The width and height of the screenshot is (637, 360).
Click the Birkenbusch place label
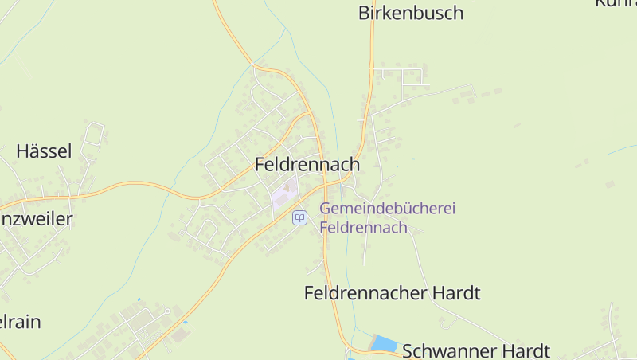pyautogui.click(x=410, y=13)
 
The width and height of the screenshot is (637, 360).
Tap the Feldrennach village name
pyautogui.click(x=307, y=164)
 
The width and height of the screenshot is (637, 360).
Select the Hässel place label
pyautogui.click(x=44, y=151)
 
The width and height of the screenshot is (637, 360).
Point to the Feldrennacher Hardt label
pyautogui.click(x=392, y=293)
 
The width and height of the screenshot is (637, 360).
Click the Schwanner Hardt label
pyautogui.click(x=475, y=350)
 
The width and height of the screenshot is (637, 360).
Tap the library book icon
pyautogui.click(x=299, y=217)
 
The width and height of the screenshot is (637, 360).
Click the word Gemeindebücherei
pyautogui.click(x=387, y=209)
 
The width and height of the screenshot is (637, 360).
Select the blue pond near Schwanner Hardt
pyautogui.click(x=384, y=343)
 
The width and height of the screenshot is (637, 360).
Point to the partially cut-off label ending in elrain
pyautogui.click(x=20, y=322)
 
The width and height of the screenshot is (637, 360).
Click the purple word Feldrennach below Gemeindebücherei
pyautogui.click(x=363, y=227)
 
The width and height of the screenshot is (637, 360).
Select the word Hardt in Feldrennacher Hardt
pyautogui.click(x=455, y=293)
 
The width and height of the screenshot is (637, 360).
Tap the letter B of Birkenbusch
pyautogui.click(x=364, y=13)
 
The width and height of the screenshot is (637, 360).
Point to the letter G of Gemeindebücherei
pyautogui.click(x=326, y=209)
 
